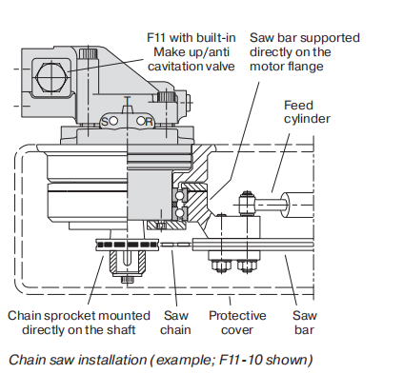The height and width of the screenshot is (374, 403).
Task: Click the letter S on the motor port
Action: coord(104,122)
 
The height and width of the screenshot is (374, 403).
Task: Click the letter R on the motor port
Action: coord(149,122)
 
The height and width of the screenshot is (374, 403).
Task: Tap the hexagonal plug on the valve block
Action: coord(50,76)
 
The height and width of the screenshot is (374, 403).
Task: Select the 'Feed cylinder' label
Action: coord(307,112)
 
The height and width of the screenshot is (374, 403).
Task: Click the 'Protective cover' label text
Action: coord(237,323)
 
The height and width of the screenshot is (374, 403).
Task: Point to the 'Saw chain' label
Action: coord(175,323)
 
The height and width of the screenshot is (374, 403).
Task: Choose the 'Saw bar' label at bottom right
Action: coord(304,323)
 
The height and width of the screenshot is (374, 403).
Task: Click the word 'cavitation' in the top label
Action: coord(175,67)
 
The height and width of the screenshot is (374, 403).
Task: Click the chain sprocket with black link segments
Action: coord(127,245)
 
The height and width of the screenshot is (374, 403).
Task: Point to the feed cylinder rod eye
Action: coord(247,204)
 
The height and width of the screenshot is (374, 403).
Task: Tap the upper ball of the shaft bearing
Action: coord(180,195)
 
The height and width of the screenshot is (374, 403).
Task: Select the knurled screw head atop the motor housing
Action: coord(89,53)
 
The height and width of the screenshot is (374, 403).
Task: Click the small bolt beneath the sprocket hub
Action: coord(127,280)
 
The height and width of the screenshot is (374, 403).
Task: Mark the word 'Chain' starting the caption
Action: coord(23,360)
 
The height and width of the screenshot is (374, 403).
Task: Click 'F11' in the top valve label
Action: coord(157,38)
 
